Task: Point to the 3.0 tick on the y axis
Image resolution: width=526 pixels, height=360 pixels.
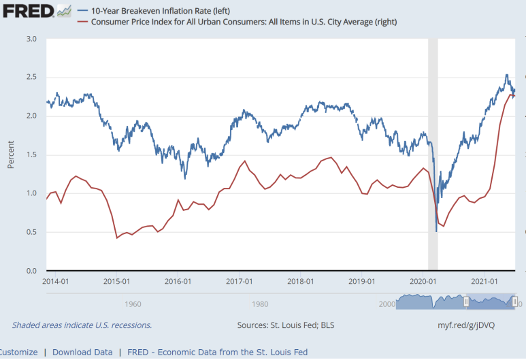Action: point(31,39)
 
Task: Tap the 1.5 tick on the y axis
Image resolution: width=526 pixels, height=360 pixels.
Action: point(31,154)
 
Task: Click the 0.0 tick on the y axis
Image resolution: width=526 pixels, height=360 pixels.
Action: point(31,271)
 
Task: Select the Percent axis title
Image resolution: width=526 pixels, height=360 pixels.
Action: point(11,154)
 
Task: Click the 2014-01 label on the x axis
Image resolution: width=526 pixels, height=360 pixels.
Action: point(55,281)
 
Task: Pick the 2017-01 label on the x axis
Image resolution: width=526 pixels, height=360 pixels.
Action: point(239,281)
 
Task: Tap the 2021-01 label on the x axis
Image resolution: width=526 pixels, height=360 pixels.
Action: point(484,281)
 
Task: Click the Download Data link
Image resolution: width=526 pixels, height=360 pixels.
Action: point(82,353)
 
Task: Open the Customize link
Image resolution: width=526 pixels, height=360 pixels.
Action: point(18,353)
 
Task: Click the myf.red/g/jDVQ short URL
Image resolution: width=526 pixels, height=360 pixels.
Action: point(466,325)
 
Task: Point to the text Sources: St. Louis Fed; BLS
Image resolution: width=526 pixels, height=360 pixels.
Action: point(286,325)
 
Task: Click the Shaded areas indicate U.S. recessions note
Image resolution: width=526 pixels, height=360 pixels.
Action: point(82,325)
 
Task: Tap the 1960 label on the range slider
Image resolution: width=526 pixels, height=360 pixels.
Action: point(133,304)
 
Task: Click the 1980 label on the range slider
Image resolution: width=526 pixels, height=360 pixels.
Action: point(260,304)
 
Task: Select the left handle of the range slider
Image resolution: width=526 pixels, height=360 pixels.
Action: point(466,302)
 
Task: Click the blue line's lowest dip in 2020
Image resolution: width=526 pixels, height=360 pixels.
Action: point(436,231)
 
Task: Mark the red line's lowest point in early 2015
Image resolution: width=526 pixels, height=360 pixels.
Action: point(117,238)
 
